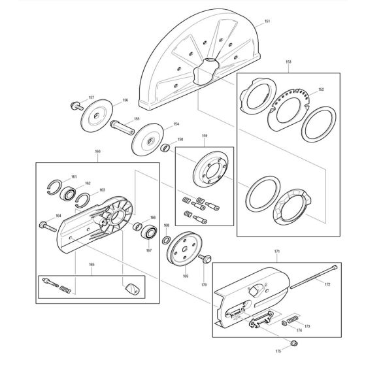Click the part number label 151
click(x=267, y=22)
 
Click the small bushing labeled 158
click(x=167, y=147)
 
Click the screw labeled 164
click(x=47, y=225)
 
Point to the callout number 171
click(x=276, y=251)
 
